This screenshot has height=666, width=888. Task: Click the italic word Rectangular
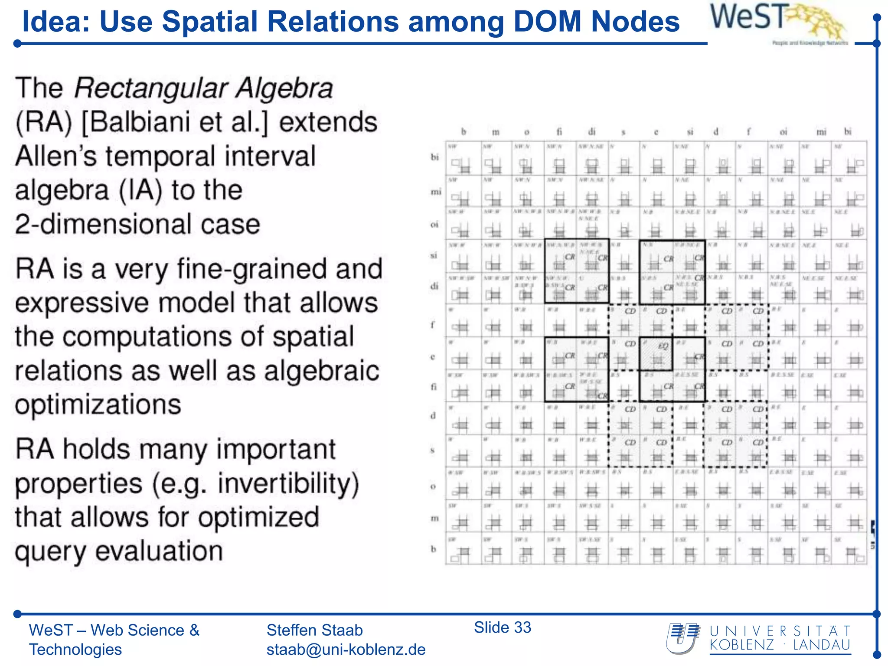(150, 88)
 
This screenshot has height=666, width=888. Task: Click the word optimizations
(98, 405)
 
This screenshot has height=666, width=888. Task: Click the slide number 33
(522, 627)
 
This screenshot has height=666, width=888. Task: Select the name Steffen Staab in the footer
(314, 630)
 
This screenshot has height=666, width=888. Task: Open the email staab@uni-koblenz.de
(346, 650)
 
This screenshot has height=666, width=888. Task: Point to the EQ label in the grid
(663, 346)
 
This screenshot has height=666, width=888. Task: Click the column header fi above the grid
(559, 131)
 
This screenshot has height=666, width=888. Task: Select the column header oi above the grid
(783, 131)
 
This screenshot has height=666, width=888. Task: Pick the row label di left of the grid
(434, 286)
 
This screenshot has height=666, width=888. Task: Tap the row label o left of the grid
(433, 486)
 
